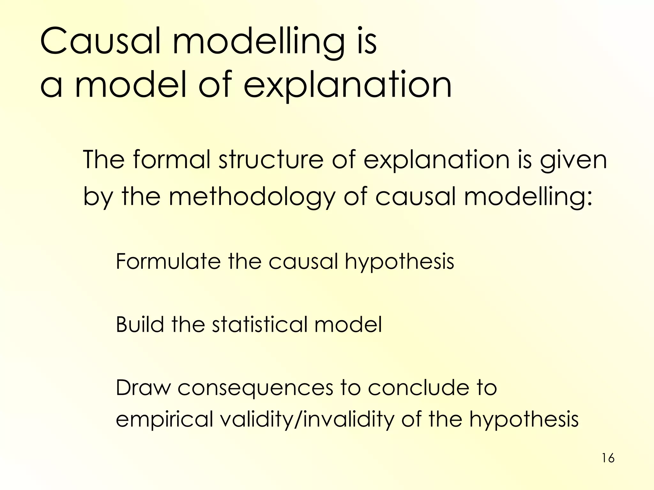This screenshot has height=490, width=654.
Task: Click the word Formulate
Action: tap(168, 261)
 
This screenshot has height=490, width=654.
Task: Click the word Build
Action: tap(140, 324)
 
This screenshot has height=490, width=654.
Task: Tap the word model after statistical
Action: tap(348, 324)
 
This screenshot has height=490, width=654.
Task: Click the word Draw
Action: tap(143, 388)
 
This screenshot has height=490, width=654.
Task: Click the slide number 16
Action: tap(608, 458)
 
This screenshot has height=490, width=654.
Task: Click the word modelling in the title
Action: tap(259, 42)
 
